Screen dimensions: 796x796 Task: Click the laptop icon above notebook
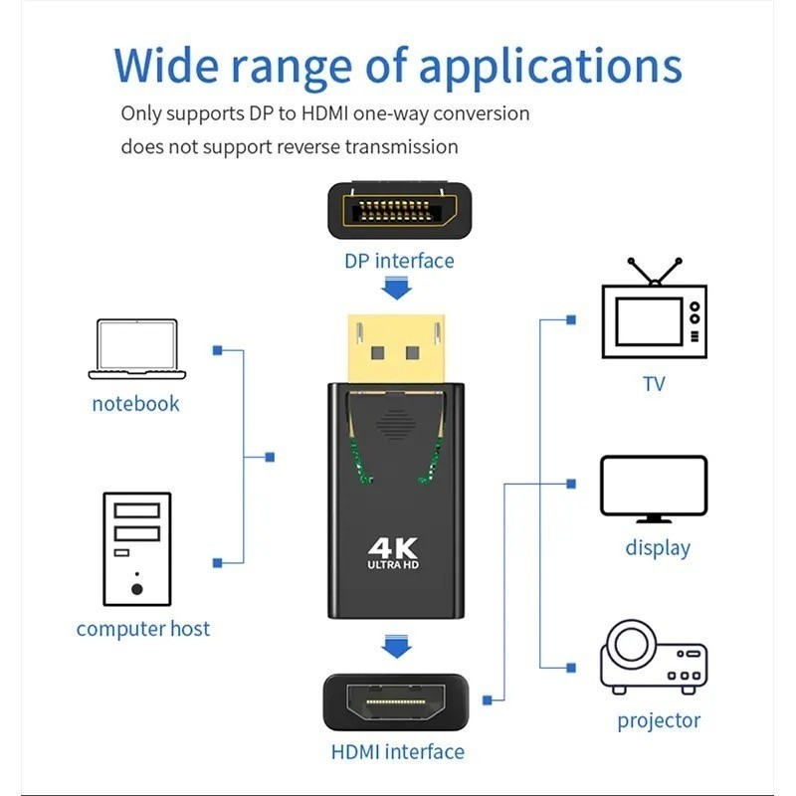[x=137, y=349]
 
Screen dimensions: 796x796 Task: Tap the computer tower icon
[x=137, y=549]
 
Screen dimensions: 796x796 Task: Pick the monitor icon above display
[x=654, y=490]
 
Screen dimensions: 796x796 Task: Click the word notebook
[x=135, y=404]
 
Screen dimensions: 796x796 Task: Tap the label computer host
[x=142, y=629]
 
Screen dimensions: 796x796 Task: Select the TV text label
[x=654, y=384]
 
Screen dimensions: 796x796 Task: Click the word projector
[x=659, y=720]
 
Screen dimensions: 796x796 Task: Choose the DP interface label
[x=399, y=261]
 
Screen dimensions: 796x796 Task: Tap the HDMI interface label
[x=397, y=752]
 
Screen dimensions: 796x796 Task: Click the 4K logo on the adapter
[x=393, y=553]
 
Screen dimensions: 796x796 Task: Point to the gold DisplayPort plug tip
[x=396, y=349]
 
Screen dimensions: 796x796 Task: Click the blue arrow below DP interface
[x=396, y=288]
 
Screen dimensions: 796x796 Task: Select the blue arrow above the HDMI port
[x=396, y=646]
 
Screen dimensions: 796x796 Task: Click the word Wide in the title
[x=166, y=66]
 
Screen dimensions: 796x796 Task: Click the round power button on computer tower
[x=136, y=589]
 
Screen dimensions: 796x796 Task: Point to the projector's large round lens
[x=631, y=643]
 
